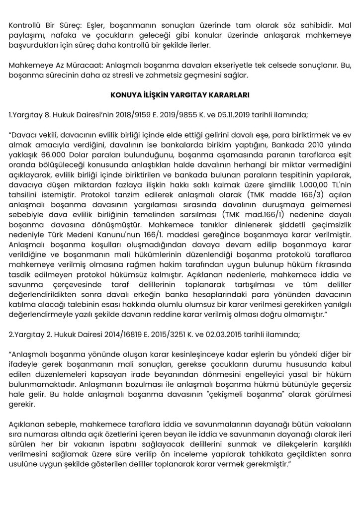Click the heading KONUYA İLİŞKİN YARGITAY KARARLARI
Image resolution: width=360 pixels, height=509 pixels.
tap(180, 94)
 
